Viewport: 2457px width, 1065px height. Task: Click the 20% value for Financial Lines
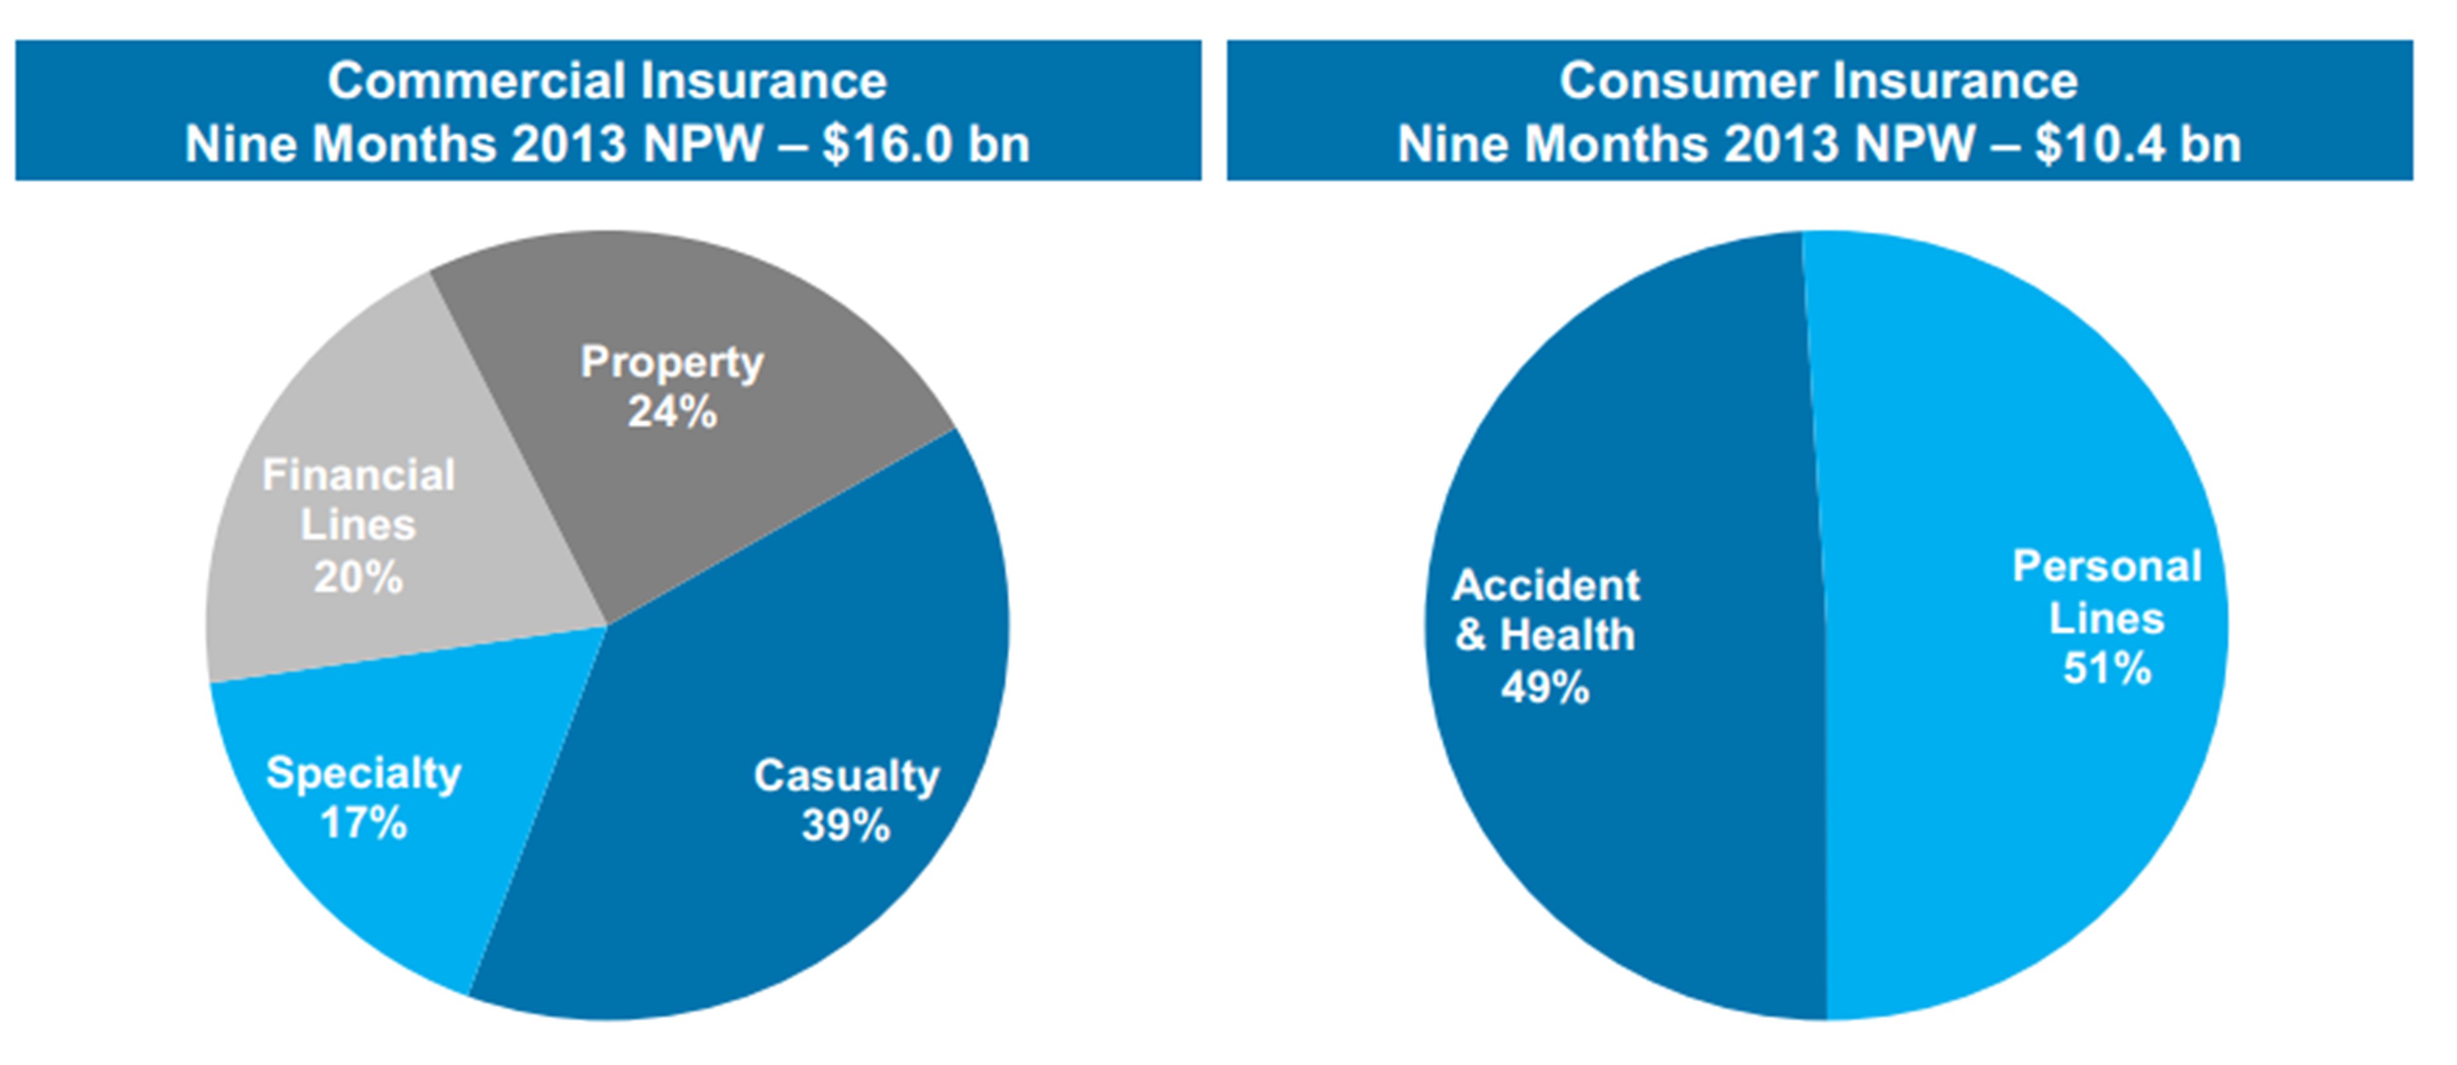[x=358, y=577]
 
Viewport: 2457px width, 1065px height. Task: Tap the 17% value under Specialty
[x=363, y=823]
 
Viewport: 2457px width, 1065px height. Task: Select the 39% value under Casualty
[x=845, y=826]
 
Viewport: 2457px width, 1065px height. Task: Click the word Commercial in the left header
[x=476, y=81]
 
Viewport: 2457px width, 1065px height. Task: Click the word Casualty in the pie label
[x=846, y=776]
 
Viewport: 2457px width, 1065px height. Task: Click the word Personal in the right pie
[x=2107, y=566]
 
